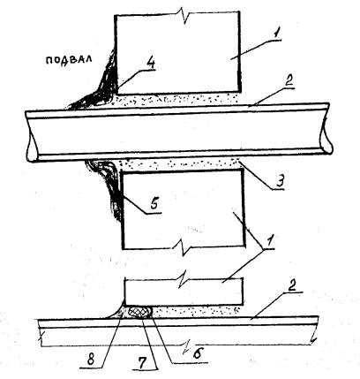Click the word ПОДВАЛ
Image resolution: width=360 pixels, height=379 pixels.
[x=69, y=60]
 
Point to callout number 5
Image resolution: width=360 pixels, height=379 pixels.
[x=155, y=202]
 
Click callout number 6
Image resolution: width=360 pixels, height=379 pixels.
[x=197, y=352]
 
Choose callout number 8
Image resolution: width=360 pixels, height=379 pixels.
[x=92, y=360]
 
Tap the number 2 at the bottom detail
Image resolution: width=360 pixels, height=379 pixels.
[x=291, y=286]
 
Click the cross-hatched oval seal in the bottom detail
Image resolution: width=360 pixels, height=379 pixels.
[x=140, y=313]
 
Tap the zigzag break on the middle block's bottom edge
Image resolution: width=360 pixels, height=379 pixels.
[x=184, y=248]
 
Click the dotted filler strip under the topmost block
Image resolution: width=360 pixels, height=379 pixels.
[x=176, y=99]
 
